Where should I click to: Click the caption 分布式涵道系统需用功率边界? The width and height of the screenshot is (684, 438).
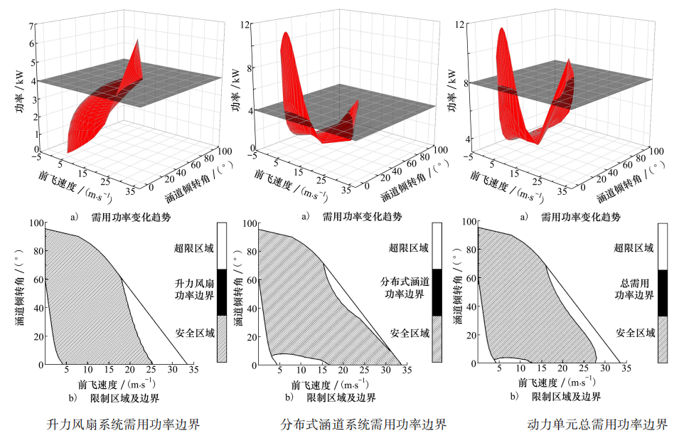tap(363, 424)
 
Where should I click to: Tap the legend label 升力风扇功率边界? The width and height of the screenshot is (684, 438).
tap(190, 289)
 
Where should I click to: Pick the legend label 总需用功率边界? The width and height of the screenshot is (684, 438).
tap(626, 289)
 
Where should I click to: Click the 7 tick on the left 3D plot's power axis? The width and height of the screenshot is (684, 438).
tap(32, 26)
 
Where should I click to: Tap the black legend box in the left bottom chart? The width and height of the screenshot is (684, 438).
tap(221, 292)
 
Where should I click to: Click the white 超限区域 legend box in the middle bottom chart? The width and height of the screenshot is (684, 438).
tap(437, 246)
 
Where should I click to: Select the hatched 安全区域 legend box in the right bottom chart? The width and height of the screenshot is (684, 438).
tap(663, 340)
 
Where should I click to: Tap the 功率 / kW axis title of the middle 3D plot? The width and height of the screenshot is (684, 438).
tap(235, 92)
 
